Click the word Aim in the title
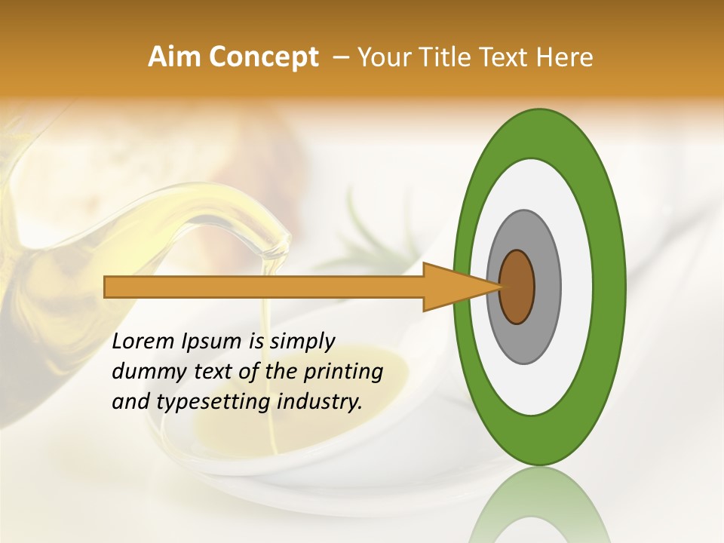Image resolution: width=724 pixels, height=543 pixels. [x=176, y=57]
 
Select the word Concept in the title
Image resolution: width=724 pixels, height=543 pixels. [x=264, y=57]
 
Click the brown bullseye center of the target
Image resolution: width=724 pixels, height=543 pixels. [x=517, y=287]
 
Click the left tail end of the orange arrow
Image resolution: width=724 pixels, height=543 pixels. [x=108, y=287]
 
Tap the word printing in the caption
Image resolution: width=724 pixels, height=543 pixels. [x=342, y=372]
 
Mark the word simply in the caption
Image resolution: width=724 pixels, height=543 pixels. [x=301, y=342]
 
